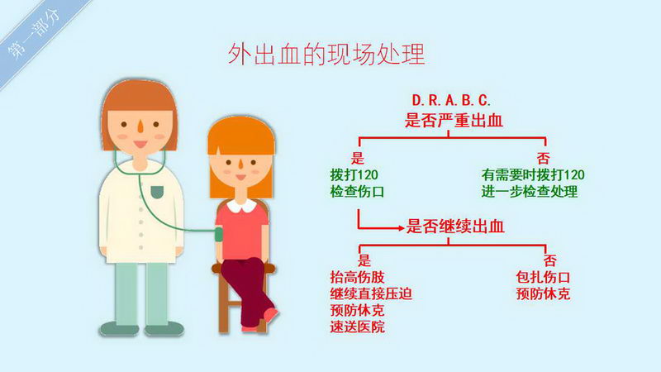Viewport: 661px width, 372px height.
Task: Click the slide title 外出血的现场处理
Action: (x=326, y=54)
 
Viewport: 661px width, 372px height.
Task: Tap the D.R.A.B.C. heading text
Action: (x=451, y=100)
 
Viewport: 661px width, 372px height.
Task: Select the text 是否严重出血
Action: (x=454, y=121)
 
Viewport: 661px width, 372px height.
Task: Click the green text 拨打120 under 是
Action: (x=354, y=174)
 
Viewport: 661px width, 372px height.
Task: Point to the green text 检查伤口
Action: (x=357, y=192)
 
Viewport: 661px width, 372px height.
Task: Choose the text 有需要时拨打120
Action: (x=533, y=174)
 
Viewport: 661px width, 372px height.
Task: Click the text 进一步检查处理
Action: (x=530, y=192)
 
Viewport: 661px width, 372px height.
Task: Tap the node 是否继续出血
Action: (x=455, y=227)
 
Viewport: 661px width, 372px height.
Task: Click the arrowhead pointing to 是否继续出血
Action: (x=402, y=228)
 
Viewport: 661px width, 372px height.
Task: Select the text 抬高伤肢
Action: (x=357, y=278)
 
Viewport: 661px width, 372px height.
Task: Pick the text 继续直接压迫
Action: (x=371, y=294)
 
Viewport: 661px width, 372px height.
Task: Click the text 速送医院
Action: (x=357, y=327)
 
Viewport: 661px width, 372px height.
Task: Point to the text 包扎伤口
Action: (x=543, y=278)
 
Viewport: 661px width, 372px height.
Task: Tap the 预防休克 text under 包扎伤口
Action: (x=543, y=294)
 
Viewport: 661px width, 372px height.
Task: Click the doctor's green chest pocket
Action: (x=157, y=192)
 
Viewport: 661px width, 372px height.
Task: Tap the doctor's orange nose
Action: (x=140, y=126)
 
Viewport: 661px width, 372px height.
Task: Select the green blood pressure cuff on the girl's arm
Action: (x=218, y=234)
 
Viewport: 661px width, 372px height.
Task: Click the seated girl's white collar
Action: (x=241, y=206)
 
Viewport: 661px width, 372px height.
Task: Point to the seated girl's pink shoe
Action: (x=271, y=316)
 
